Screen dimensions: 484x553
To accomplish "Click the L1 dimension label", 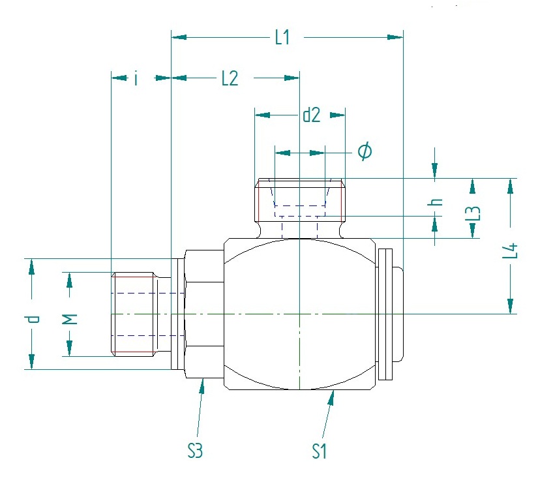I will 282,37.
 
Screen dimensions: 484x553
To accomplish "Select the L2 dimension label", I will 230,78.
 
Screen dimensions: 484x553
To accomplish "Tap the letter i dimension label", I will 135,78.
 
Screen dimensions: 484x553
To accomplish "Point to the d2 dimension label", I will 312,115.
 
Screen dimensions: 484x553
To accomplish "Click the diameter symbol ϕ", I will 365,152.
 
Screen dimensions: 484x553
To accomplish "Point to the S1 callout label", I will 319,451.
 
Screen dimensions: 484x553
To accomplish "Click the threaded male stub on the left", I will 136,315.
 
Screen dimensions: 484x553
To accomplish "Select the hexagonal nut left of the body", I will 204,314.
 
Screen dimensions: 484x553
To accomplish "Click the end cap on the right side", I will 390,314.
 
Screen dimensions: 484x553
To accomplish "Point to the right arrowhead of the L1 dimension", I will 395,37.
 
